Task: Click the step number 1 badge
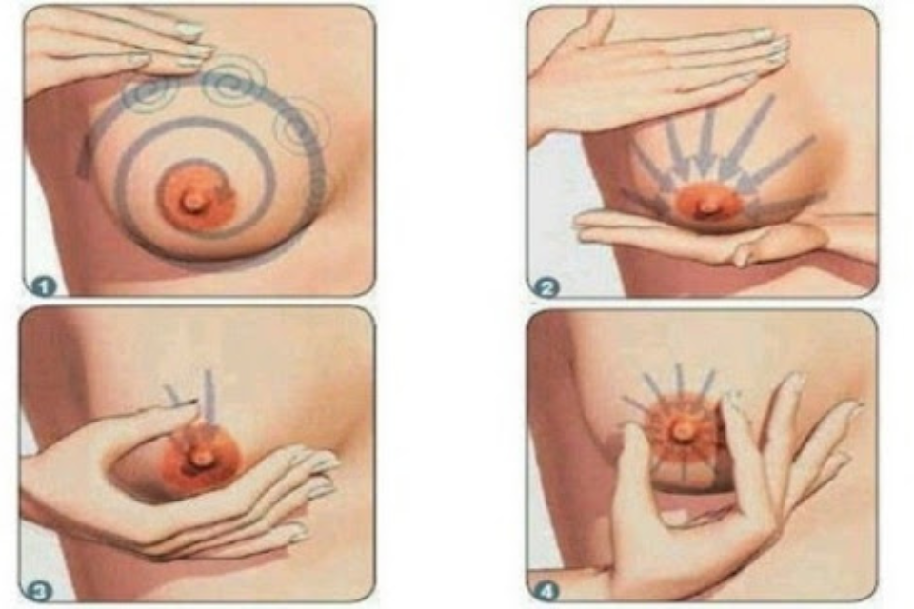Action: tap(44, 285)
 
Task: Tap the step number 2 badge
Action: tap(546, 287)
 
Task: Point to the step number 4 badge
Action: tap(546, 592)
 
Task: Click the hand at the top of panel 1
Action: tap(116, 44)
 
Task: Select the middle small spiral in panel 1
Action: tap(233, 82)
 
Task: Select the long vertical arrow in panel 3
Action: tap(209, 403)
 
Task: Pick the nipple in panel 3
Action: tap(202, 459)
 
